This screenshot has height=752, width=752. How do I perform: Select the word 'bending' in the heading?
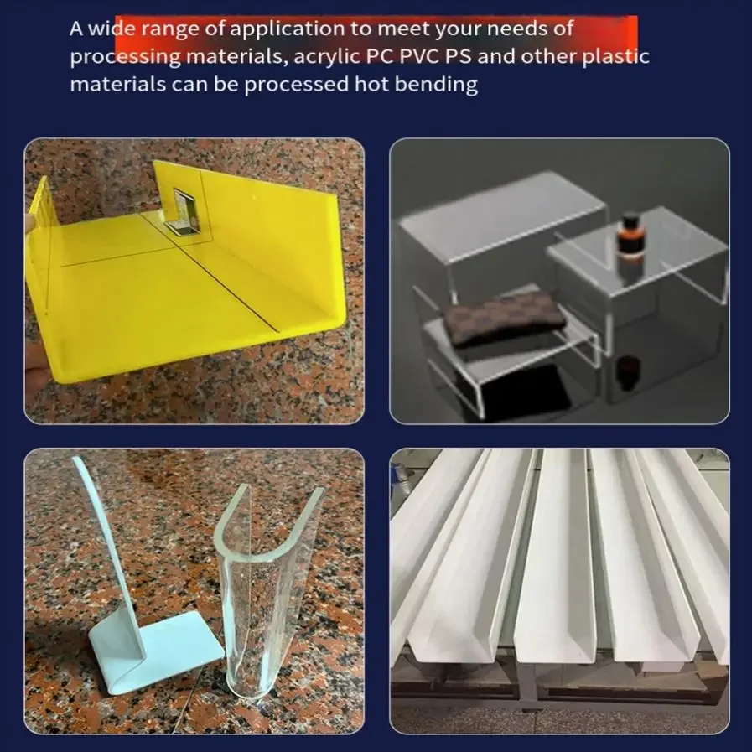click(x=436, y=86)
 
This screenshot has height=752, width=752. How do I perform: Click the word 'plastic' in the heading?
click(x=616, y=57)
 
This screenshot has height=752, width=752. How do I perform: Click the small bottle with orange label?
click(x=628, y=238)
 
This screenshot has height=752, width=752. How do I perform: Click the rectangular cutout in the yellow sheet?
click(x=184, y=211)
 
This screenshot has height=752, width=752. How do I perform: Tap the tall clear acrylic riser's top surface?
click(x=501, y=215)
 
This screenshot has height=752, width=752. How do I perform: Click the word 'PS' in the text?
click(x=458, y=56)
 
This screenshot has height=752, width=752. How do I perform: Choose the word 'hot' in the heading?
click(x=371, y=85)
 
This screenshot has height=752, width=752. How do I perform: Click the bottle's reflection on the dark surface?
click(x=627, y=369)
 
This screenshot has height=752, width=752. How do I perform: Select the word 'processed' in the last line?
click(x=296, y=86)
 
